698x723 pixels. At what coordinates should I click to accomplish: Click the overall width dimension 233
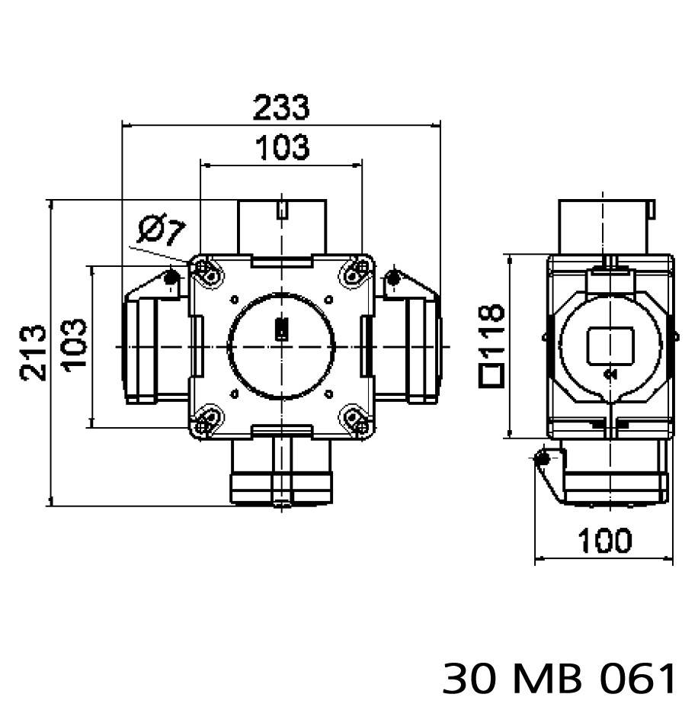click(x=281, y=108)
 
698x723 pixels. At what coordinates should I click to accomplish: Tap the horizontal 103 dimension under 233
click(x=281, y=147)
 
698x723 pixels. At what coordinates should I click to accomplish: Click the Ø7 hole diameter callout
click(x=162, y=230)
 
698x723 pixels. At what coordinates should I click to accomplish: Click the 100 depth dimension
click(x=604, y=541)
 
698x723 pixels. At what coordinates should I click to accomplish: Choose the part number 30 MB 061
click(x=559, y=678)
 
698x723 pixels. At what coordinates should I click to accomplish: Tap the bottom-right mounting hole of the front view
click(x=354, y=420)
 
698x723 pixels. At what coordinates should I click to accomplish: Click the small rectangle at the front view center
click(x=280, y=330)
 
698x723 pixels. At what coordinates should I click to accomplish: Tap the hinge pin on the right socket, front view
click(x=392, y=278)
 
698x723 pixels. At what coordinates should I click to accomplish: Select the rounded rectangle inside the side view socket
click(x=610, y=345)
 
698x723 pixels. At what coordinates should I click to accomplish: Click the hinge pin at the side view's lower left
click(x=543, y=460)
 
